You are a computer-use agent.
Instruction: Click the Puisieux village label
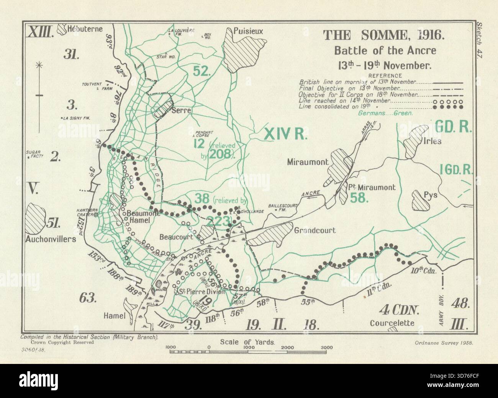(x=249, y=31)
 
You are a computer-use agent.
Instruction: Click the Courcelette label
(x=392, y=323)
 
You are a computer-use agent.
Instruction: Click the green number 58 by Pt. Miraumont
(x=359, y=197)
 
